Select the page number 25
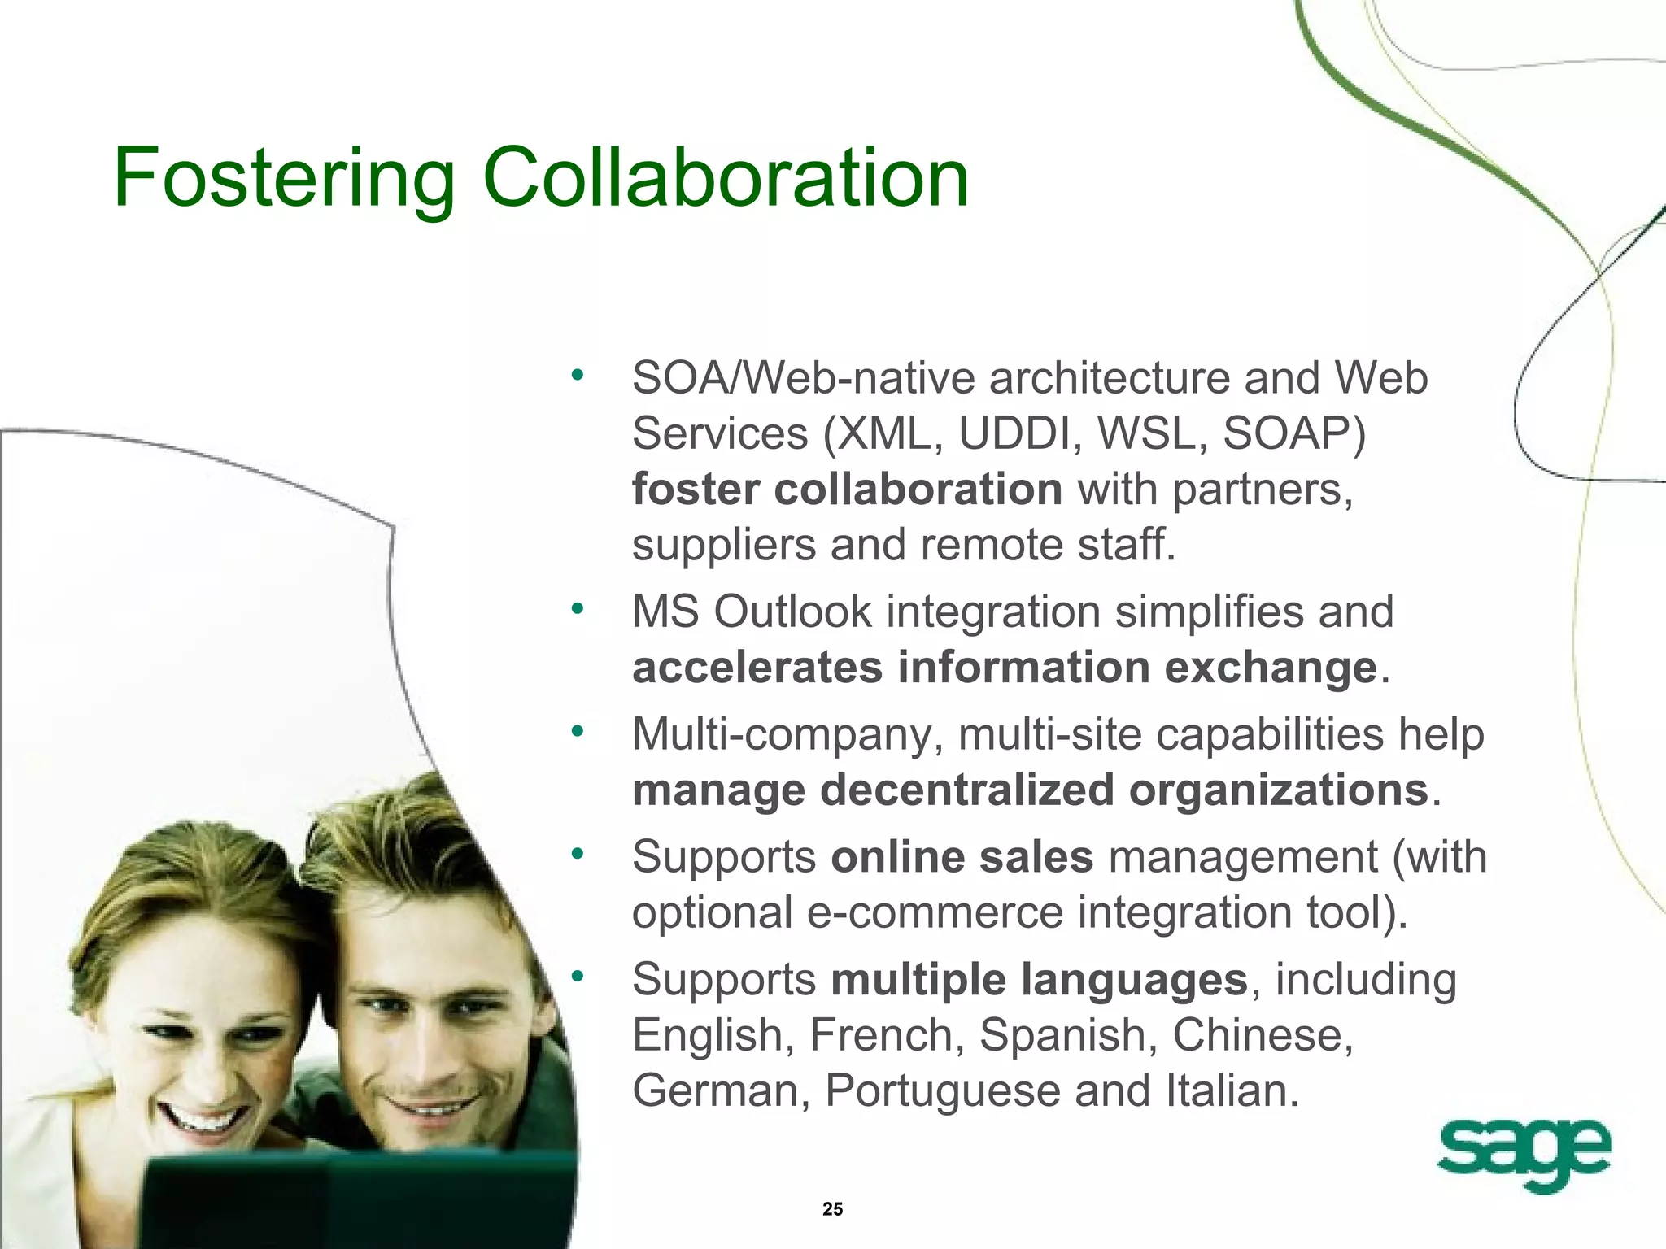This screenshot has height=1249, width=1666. [832, 1209]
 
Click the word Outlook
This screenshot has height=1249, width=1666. [792, 611]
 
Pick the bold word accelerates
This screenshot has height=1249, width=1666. [757, 668]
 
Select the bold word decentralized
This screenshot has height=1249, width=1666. [967, 790]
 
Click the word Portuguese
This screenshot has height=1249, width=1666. [943, 1090]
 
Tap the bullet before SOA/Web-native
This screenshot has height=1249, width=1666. [578, 376]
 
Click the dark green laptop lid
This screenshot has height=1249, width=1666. [358, 1203]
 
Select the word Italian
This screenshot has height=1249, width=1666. [1232, 1090]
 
